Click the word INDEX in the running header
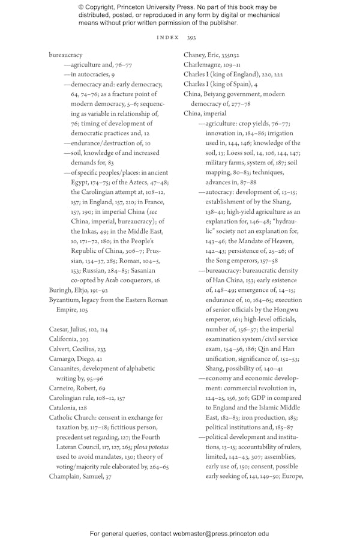[167, 37]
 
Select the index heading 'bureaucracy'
[65, 55]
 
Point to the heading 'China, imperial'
[205, 113]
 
